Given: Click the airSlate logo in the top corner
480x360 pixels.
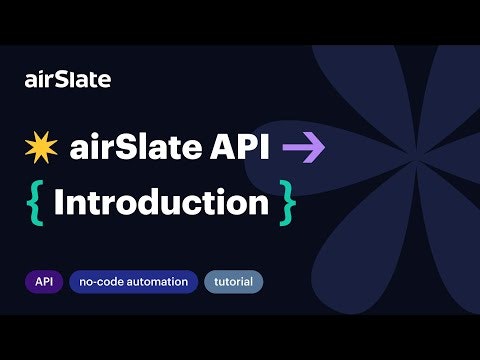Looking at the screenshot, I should (67, 79).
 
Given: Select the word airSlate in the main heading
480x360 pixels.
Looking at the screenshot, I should (139, 149).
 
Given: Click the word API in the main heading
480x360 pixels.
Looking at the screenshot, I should (243, 149).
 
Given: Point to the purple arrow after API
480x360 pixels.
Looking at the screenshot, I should (304, 150).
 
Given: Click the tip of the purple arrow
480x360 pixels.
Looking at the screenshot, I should (324, 150).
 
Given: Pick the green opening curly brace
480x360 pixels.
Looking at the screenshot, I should (33, 203).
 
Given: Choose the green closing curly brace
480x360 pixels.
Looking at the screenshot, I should (288, 203).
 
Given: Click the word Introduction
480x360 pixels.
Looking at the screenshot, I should (160, 202).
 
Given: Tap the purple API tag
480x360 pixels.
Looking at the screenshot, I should (43, 282).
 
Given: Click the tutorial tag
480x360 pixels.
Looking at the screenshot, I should (233, 282).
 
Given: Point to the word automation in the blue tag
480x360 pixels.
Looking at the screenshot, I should (157, 282).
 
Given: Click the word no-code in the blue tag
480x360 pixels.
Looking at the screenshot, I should (100, 282).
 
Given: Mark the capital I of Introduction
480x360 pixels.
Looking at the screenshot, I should (59, 202).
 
